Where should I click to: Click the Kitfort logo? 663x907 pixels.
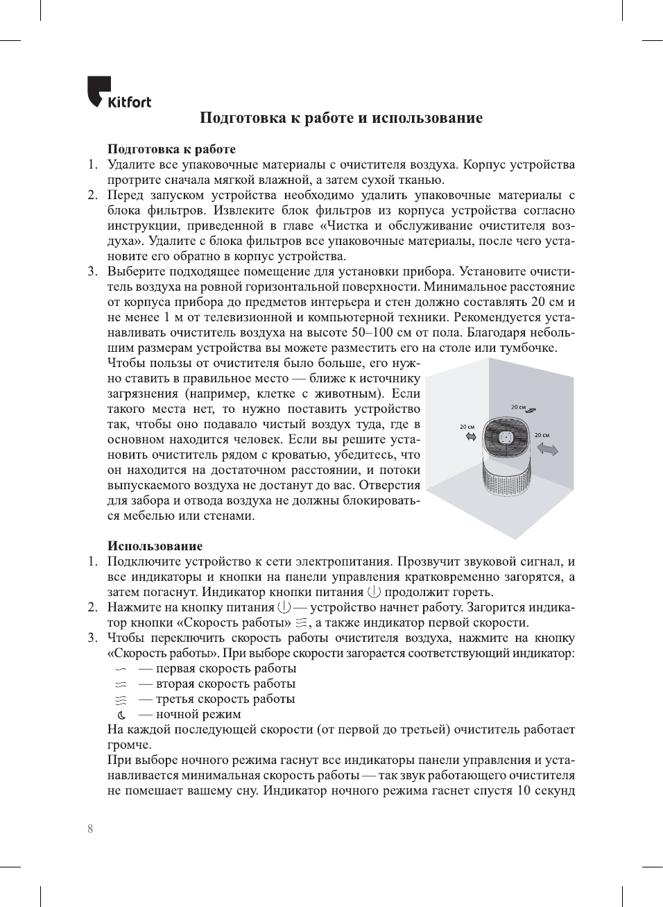(119, 92)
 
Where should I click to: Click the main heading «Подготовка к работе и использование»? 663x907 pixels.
(341, 118)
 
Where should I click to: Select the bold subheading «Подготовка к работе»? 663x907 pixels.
(171, 149)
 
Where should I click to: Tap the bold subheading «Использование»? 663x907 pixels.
(155, 546)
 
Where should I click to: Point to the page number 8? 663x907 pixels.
(90, 829)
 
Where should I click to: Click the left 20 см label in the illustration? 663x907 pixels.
(467, 427)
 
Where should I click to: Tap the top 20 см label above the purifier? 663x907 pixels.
(518, 407)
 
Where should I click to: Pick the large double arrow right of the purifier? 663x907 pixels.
(548, 450)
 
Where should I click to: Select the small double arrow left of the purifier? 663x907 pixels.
(471, 436)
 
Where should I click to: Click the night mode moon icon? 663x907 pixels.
(121, 715)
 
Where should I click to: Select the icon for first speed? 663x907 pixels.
(121, 669)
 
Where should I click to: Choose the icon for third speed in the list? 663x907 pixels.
(121, 700)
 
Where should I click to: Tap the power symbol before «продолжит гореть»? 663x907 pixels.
(374, 592)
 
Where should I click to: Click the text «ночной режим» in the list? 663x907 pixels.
(198, 714)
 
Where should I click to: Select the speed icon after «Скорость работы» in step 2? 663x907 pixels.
(300, 622)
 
